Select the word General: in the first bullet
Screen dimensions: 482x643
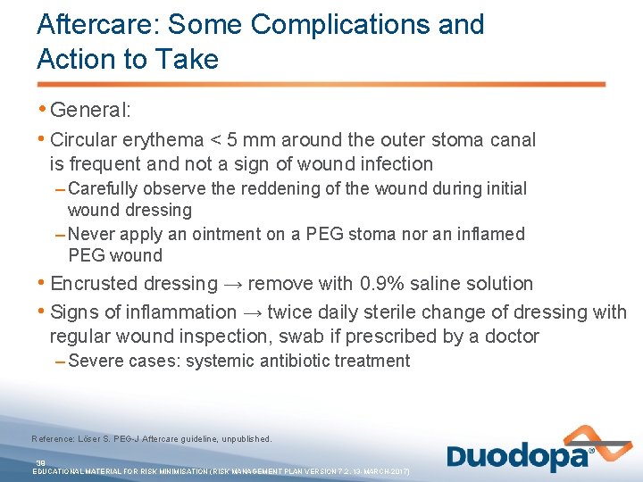click(x=91, y=111)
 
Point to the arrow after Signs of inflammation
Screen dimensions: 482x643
click(x=251, y=312)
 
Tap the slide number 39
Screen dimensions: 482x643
click(x=40, y=462)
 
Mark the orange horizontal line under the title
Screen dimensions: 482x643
click(x=321, y=85)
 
